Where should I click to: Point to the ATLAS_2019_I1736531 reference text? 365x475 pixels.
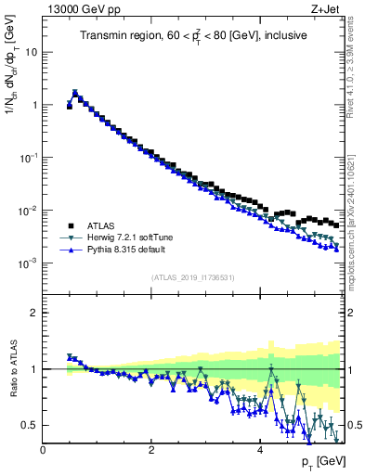click(x=193, y=277)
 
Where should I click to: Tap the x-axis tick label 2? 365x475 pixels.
click(x=150, y=451)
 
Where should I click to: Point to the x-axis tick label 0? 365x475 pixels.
click(x=43, y=451)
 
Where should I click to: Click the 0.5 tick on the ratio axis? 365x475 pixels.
click(x=30, y=425)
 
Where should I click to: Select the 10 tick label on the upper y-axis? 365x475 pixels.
click(x=30, y=52)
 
